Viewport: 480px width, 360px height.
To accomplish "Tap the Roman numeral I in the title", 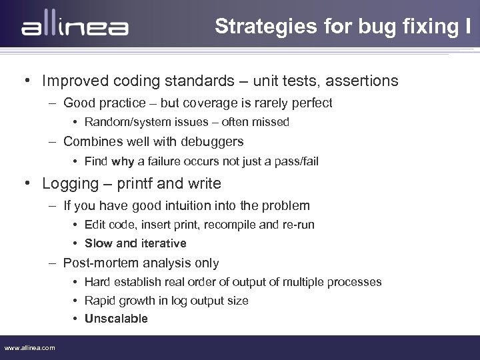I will pyautogui.click(x=469, y=26).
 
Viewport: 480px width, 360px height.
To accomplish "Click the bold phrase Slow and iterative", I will pyautogui.click(x=135, y=243).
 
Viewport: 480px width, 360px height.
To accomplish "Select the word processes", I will pyautogui.click(x=356, y=282).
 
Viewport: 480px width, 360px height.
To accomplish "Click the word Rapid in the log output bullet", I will pyautogui.click(x=100, y=301).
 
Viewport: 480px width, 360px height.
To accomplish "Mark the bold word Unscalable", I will pyautogui.click(x=116, y=319).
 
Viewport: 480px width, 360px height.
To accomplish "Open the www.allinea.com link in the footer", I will pyautogui.click(x=30, y=348).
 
